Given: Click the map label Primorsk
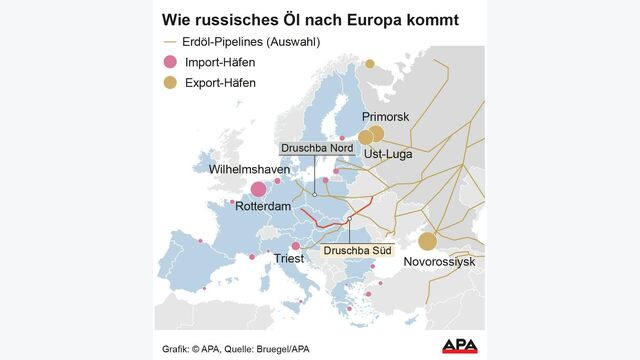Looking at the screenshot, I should click(x=385, y=117).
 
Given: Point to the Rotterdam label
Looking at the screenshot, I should click(x=263, y=206).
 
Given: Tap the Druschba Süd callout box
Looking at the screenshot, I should click(x=356, y=247).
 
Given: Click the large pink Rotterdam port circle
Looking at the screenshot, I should click(x=258, y=189).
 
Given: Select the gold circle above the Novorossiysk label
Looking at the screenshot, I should click(x=428, y=241).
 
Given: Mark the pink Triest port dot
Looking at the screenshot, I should click(x=295, y=246).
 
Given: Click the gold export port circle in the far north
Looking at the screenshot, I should click(x=369, y=63).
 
